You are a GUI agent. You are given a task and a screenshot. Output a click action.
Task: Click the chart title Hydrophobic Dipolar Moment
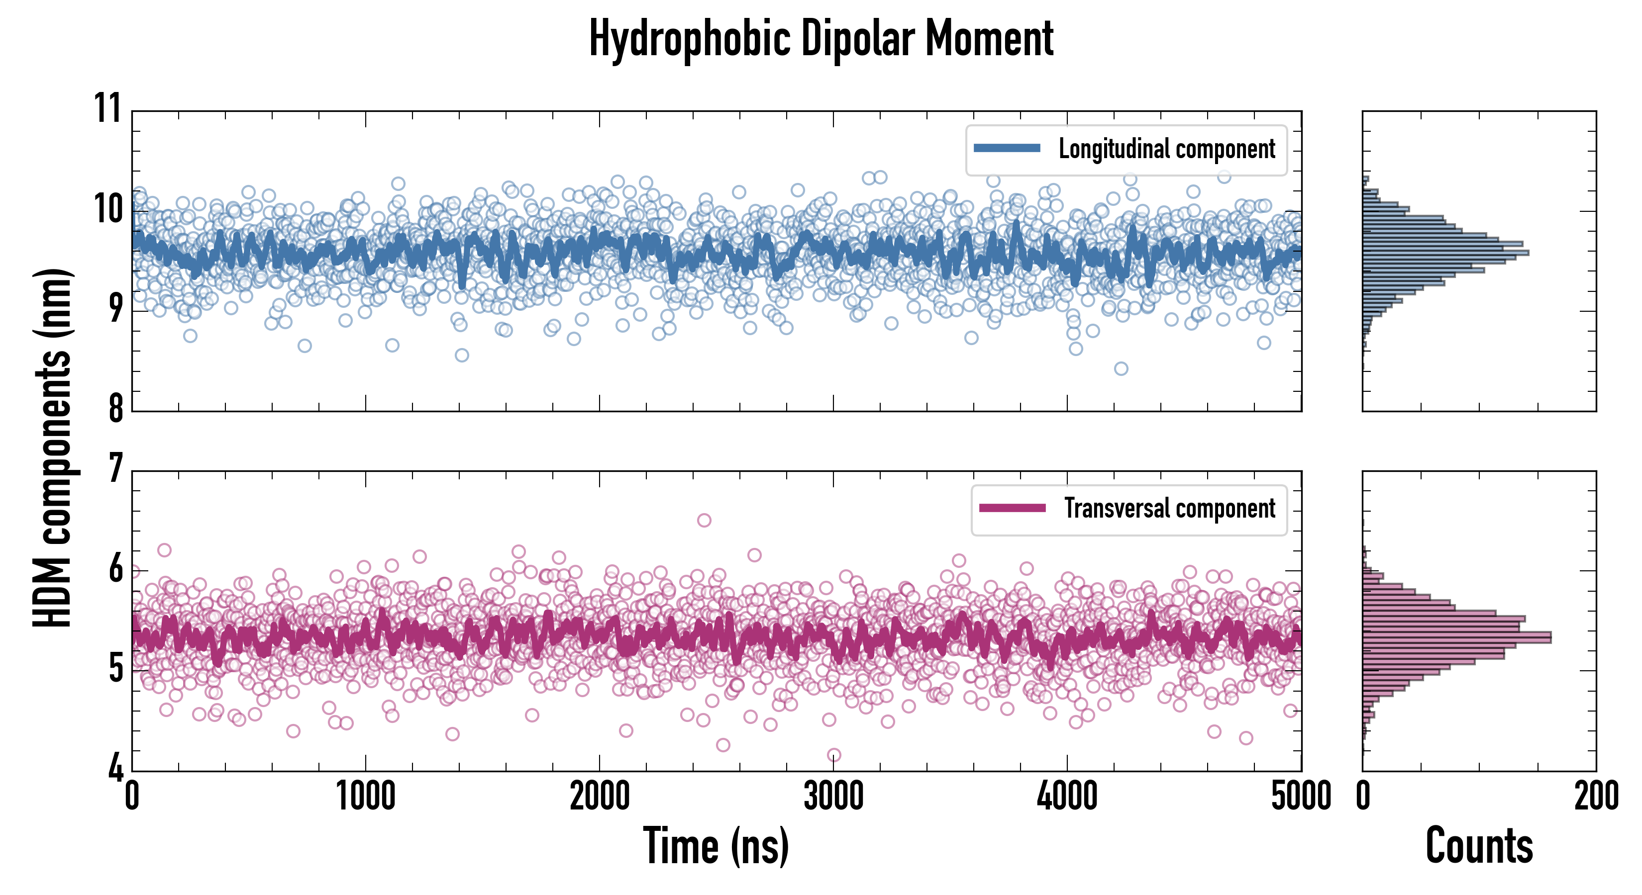tap(821, 39)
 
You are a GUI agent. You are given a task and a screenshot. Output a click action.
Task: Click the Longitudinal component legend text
tap(1166, 149)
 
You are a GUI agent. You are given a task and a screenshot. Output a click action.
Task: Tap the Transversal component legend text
tap(1170, 508)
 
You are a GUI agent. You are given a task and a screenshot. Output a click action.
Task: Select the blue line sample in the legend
tap(1007, 149)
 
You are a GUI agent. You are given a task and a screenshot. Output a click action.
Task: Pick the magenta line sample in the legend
tap(1012, 508)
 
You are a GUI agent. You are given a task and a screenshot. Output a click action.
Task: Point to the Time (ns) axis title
tap(716, 846)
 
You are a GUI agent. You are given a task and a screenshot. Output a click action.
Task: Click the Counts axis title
tap(1479, 846)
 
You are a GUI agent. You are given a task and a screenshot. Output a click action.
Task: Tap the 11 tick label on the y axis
tap(107, 108)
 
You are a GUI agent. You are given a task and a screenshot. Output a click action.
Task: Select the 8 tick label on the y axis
tap(115, 408)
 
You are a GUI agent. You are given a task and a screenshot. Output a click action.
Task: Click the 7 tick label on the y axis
tap(115, 469)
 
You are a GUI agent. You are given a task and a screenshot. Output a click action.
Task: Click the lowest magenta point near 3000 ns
tap(834, 755)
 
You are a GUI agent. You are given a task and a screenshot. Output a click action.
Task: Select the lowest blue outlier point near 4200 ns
tap(1121, 368)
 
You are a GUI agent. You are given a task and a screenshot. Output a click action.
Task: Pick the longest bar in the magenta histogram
tap(1456, 637)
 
